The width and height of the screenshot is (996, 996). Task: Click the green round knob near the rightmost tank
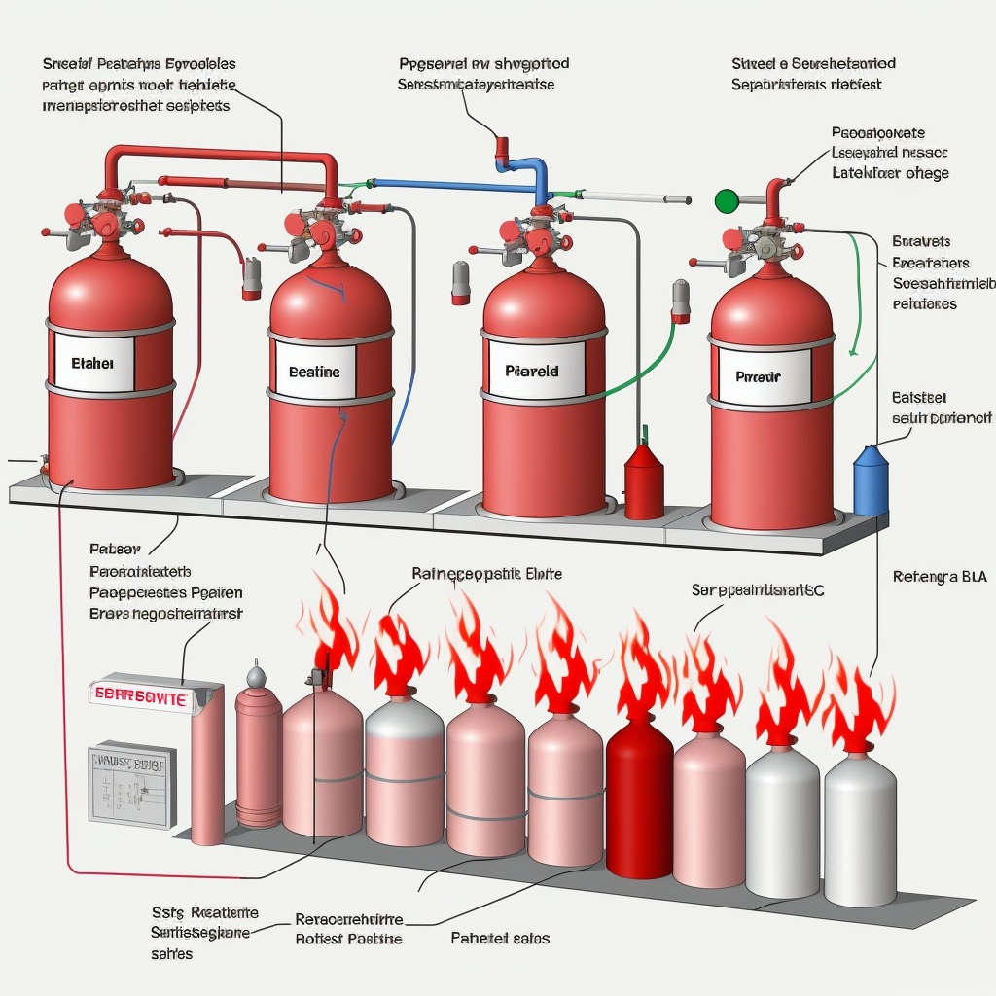[726, 201]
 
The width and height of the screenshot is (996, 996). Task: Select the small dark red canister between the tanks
[643, 481]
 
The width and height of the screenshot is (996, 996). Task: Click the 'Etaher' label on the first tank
[93, 363]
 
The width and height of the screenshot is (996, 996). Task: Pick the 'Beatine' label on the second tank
[314, 372]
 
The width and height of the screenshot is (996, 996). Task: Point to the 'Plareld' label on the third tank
[533, 371]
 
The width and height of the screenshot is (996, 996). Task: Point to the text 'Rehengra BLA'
[939, 577]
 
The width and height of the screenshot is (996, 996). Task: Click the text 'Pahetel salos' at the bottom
[500, 938]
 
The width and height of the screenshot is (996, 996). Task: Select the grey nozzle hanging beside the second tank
[252, 278]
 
